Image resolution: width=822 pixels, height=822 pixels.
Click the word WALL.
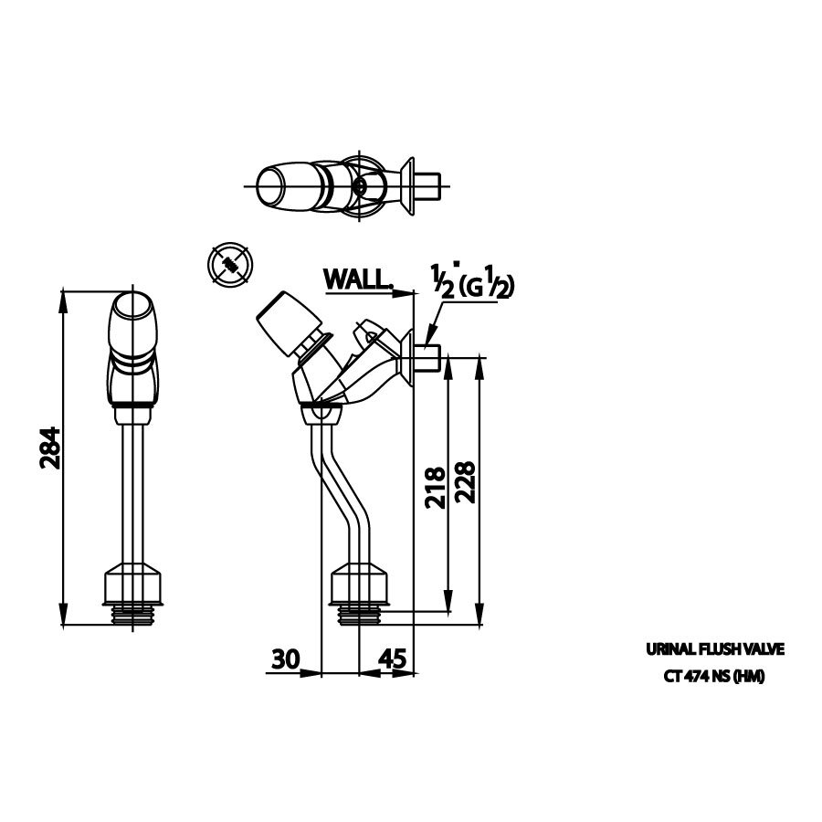point(356,279)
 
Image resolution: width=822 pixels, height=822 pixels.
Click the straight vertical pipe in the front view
point(135,493)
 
